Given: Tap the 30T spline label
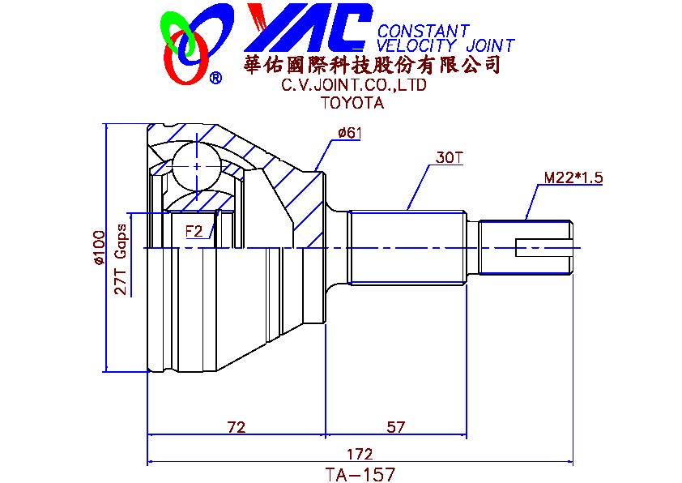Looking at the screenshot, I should pyautogui.click(x=449, y=157).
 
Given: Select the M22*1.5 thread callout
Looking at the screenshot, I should pyautogui.click(x=573, y=177).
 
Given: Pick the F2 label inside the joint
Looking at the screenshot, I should pyautogui.click(x=194, y=231).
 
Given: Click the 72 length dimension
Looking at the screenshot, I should pyautogui.click(x=236, y=427).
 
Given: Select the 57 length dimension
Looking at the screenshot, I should pyautogui.click(x=395, y=427).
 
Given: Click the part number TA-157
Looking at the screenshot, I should pyautogui.click(x=359, y=473).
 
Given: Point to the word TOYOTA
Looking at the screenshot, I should pyautogui.click(x=352, y=103).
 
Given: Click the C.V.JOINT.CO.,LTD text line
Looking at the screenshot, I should pyautogui.click(x=354, y=85).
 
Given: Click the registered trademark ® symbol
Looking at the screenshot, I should pyautogui.click(x=215, y=78).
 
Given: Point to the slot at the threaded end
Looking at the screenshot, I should pyautogui.click(x=544, y=246).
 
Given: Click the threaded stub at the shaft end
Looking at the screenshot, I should pyautogui.click(x=526, y=246).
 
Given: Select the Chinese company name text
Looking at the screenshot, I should pyautogui.click(x=372, y=65).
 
